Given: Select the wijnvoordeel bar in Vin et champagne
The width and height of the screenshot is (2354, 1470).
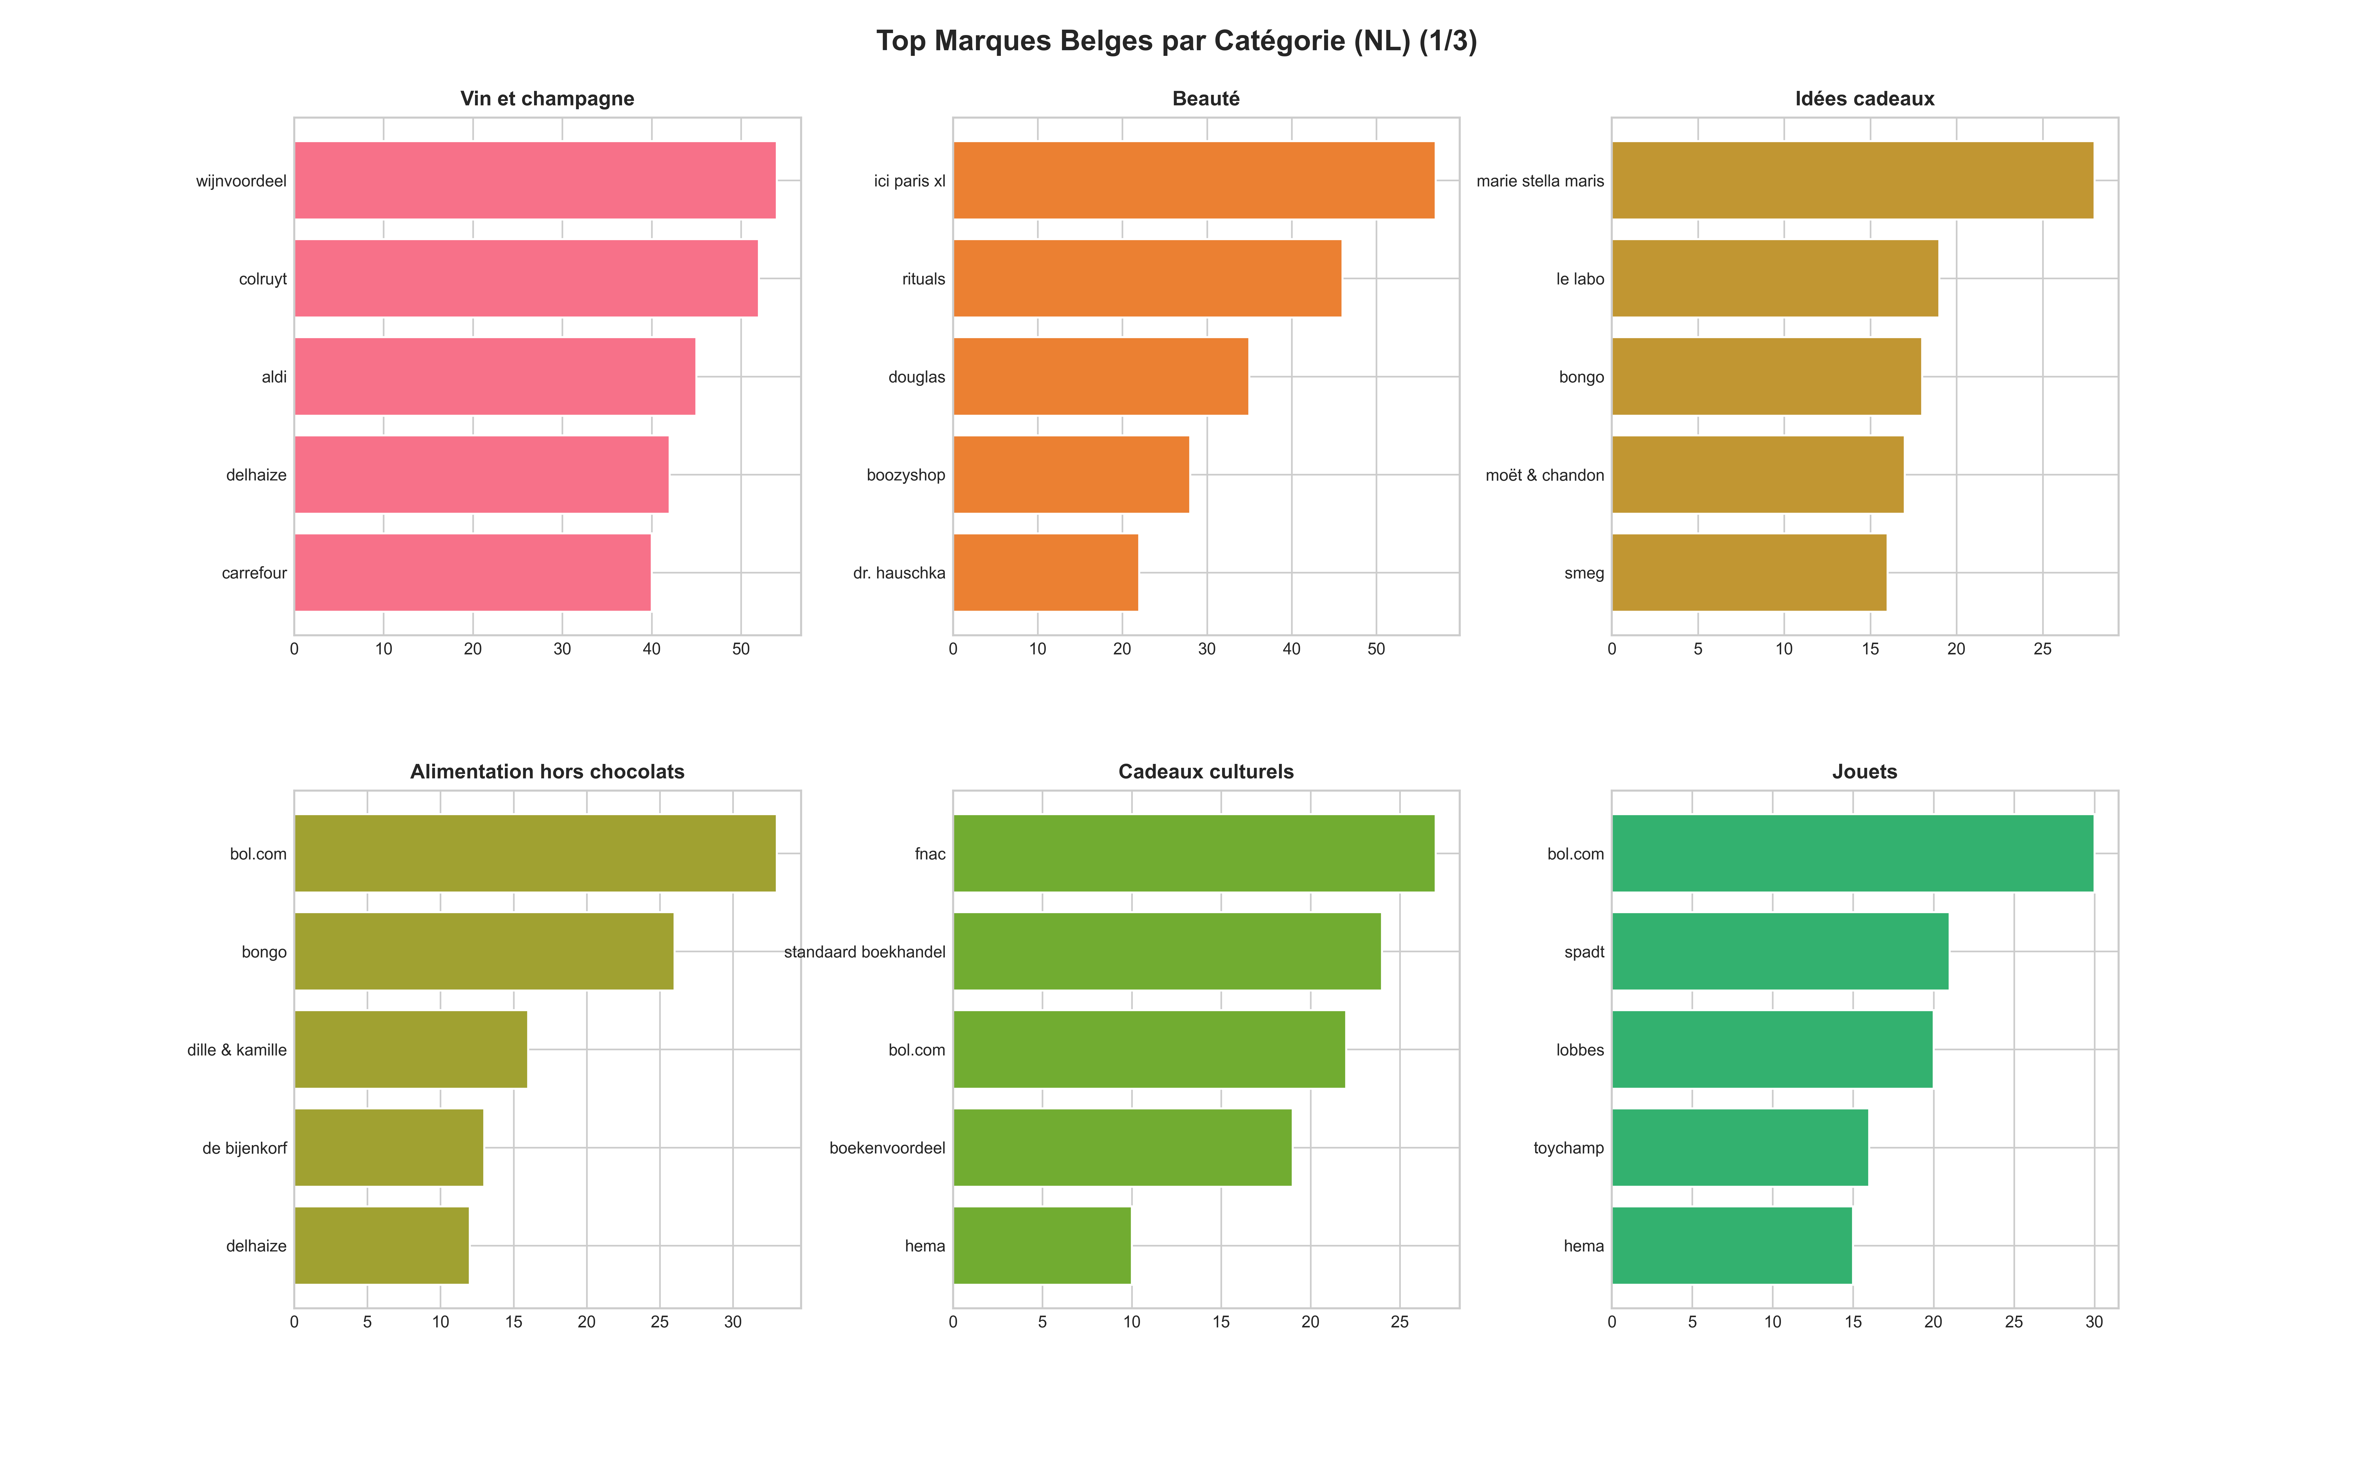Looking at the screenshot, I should pos(535,181).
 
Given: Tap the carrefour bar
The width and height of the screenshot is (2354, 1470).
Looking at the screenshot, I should pos(473,573).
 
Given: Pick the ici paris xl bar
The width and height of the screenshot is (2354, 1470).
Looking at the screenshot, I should pos(1193,181).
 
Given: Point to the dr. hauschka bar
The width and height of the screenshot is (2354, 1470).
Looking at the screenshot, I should pos(1046,573).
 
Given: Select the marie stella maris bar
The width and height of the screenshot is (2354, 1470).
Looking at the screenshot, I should pos(1852,181).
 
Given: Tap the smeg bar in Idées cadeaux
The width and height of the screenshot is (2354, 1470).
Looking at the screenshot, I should pos(1749,573).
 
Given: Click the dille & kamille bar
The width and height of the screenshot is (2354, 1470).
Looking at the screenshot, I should pos(410,1050).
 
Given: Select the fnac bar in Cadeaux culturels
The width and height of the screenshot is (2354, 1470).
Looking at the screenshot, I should pos(1193,854).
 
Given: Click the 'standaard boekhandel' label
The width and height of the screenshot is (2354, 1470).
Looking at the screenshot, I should pos(865,952).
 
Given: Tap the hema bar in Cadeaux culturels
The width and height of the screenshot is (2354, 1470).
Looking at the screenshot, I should pos(1042,1245).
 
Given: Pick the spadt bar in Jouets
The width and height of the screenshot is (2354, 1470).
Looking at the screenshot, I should pos(1780,952).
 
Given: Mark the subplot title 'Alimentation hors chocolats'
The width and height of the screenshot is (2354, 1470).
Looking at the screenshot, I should pos(547,772).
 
